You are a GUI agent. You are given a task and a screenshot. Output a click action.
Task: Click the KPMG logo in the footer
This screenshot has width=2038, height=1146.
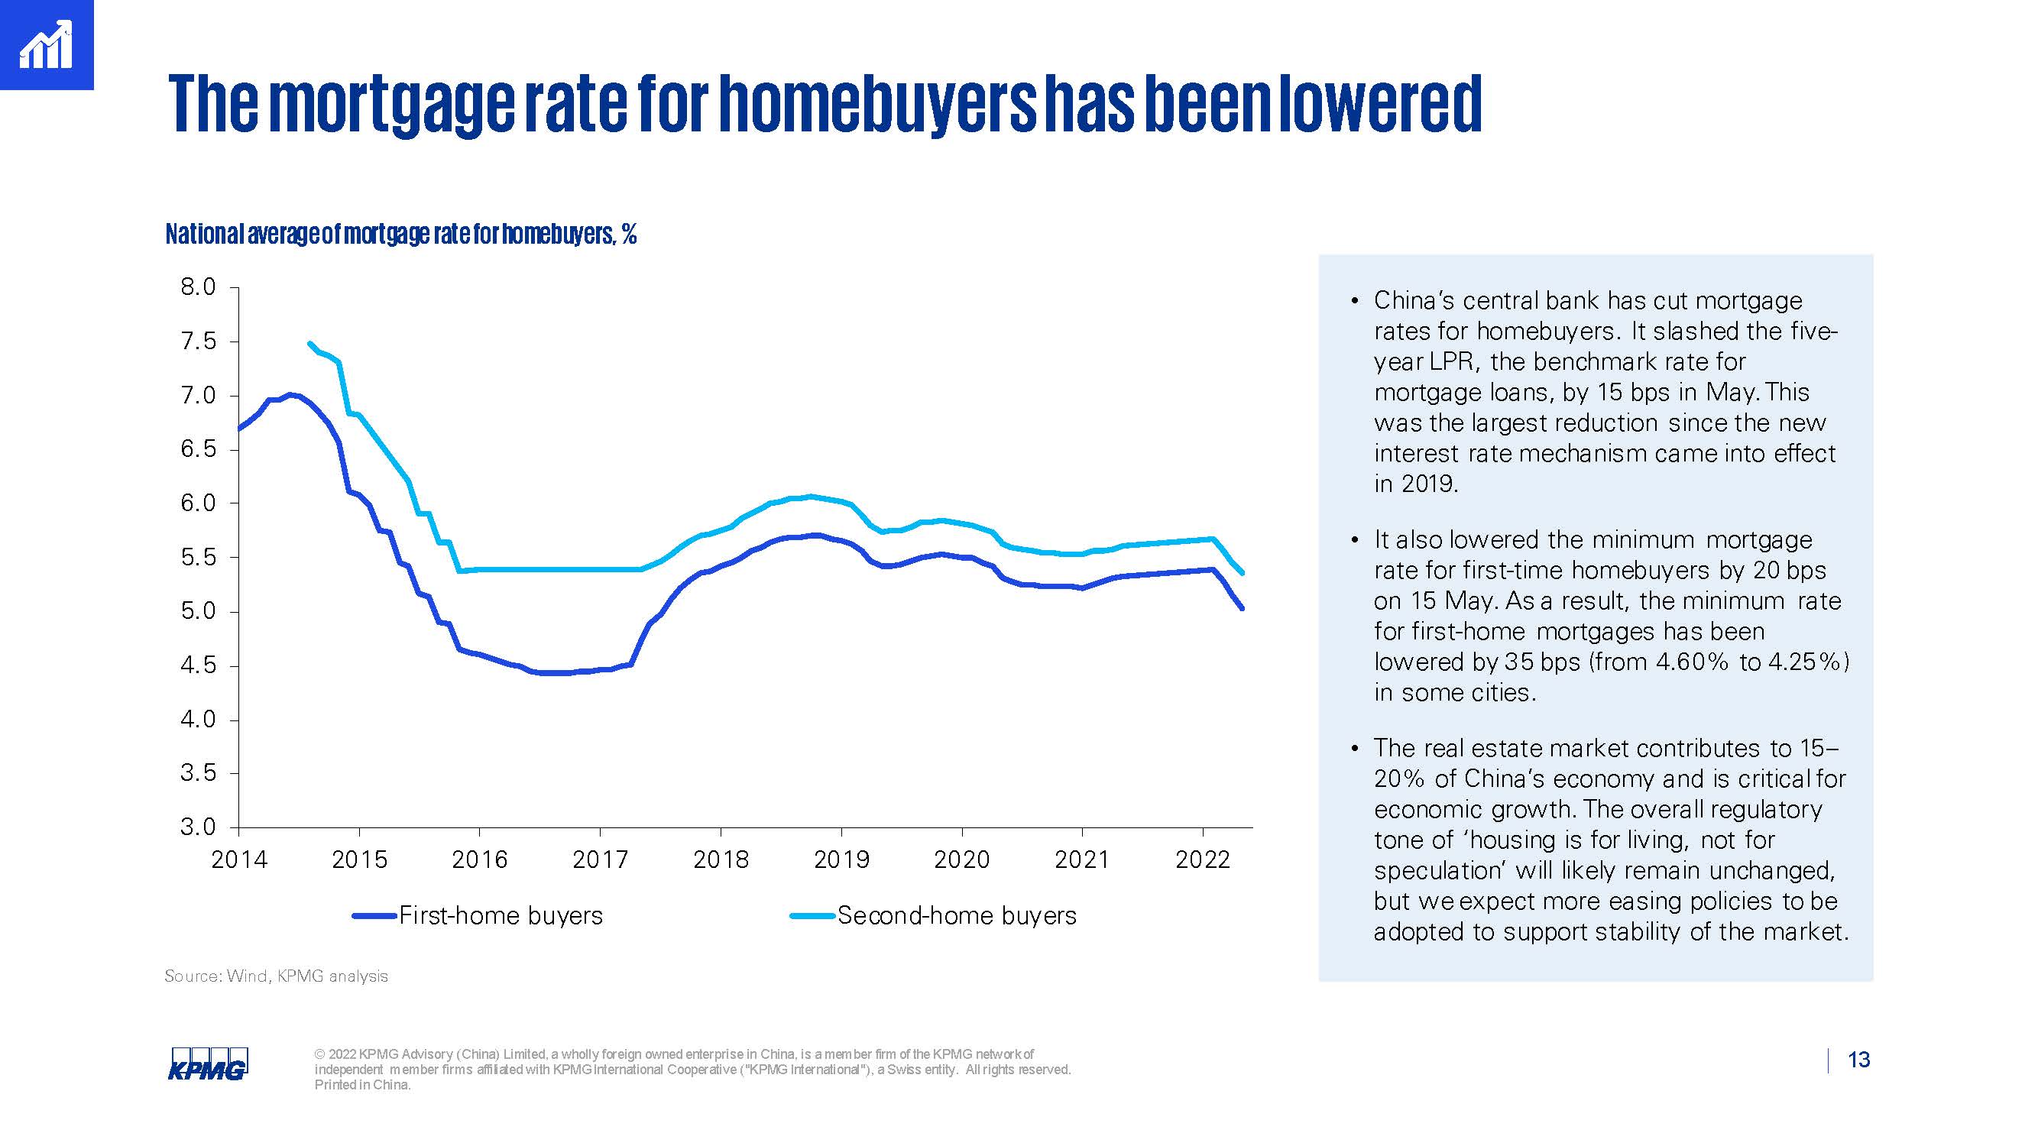tap(207, 1063)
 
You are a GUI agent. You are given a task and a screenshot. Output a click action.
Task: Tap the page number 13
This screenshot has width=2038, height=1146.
tap(1858, 1060)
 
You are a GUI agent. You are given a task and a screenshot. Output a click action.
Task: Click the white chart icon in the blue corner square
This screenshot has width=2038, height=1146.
tap(46, 45)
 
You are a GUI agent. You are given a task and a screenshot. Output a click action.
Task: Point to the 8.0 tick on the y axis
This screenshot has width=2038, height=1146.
tap(198, 287)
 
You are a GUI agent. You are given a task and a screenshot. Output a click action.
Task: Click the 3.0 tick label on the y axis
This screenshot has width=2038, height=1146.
tap(198, 827)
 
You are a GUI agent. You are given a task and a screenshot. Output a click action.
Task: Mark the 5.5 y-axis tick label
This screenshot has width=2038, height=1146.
tap(198, 558)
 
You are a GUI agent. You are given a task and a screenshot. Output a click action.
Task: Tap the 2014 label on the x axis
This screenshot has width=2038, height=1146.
tap(239, 859)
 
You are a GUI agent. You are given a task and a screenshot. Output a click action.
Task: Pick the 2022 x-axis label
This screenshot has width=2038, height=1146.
tap(1203, 859)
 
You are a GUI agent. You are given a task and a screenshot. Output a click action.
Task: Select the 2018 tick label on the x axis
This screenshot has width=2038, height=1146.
tap(720, 859)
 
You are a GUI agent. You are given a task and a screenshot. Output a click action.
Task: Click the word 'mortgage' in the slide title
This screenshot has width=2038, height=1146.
tap(391, 105)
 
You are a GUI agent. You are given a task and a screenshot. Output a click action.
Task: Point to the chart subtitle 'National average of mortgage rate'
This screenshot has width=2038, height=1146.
tap(400, 234)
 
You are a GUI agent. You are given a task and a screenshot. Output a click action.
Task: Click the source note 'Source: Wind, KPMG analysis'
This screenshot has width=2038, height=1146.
tap(276, 976)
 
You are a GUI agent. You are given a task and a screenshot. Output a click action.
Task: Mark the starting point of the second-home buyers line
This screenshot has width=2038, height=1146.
tap(309, 343)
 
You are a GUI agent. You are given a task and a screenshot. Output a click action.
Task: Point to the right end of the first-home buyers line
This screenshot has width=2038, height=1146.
tap(1242, 608)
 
